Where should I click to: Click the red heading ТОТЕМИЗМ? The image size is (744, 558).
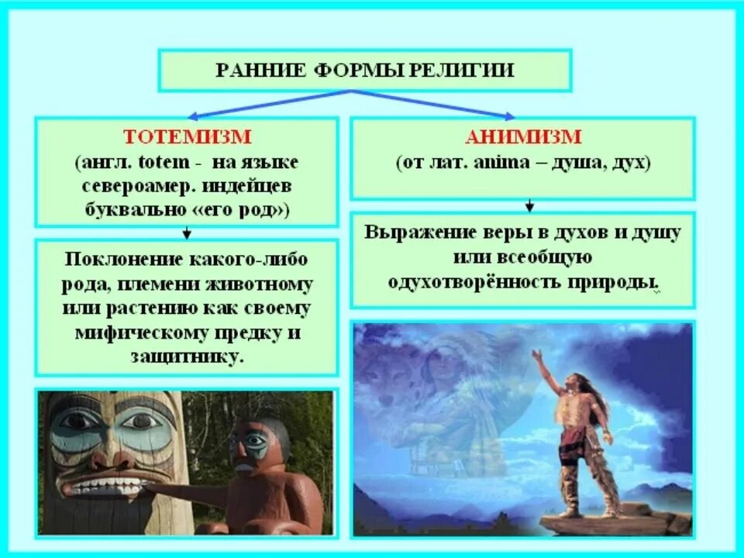pyautogui.click(x=186, y=137)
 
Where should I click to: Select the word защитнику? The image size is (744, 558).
pyautogui.click(x=187, y=359)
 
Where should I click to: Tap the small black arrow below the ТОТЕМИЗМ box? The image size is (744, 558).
pyautogui.click(x=187, y=232)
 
